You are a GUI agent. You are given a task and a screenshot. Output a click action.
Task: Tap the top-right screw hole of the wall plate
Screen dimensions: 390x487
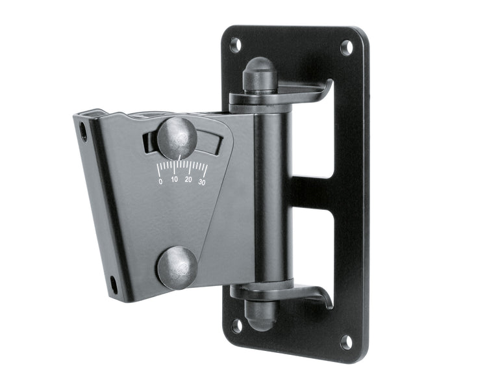(x=347, y=47)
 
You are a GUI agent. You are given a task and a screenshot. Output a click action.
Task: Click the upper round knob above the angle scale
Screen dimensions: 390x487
(x=177, y=136)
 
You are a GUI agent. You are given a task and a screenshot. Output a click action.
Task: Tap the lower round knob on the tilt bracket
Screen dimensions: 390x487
(x=177, y=268)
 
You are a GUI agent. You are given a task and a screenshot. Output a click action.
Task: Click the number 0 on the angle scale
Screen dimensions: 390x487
(x=160, y=181)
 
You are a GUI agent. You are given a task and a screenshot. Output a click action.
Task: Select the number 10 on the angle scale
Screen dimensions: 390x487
(x=175, y=180)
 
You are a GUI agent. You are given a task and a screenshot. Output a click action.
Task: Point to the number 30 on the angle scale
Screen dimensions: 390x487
(x=202, y=182)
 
